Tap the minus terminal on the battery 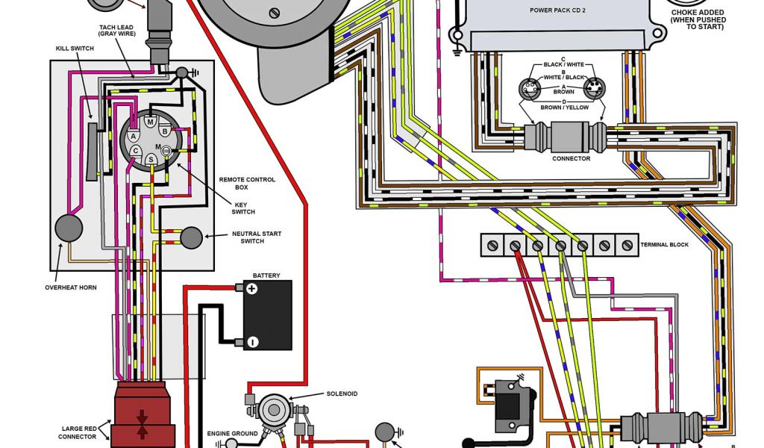(252, 342)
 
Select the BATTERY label (266, 276)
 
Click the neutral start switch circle (192, 237)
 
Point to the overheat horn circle (69, 228)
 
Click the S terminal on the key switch (151, 159)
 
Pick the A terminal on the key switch (133, 136)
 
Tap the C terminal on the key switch (135, 150)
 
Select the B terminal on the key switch (164, 132)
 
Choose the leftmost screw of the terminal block (493, 244)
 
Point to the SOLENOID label (342, 393)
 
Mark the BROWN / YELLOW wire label (565, 108)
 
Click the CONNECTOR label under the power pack (571, 158)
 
